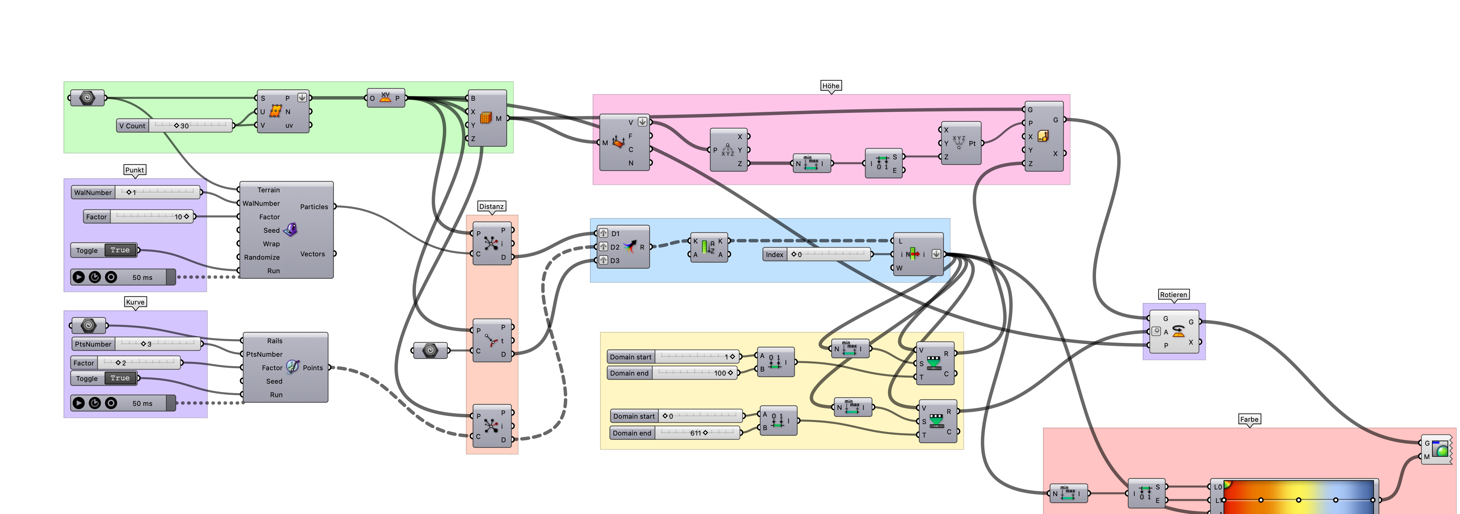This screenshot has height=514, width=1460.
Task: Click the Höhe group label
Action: (830, 86)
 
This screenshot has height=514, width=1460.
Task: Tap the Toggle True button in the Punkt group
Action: (120, 250)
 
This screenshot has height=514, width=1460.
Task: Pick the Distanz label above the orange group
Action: (491, 206)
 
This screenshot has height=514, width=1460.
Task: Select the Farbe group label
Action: (1249, 419)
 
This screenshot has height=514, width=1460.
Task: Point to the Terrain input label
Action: (269, 190)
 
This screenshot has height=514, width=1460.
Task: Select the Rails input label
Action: (275, 341)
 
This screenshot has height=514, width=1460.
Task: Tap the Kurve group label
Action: (135, 302)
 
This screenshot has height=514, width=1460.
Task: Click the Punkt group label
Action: (134, 170)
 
